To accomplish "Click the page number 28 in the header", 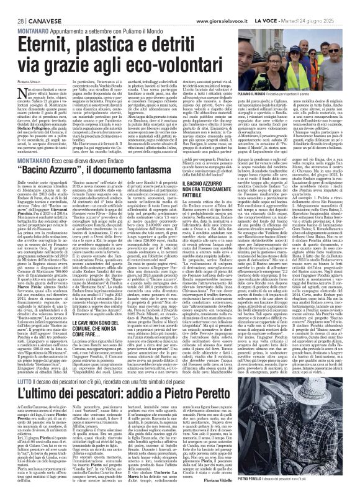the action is [12, 6].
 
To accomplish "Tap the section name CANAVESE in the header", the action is [32, 6].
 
